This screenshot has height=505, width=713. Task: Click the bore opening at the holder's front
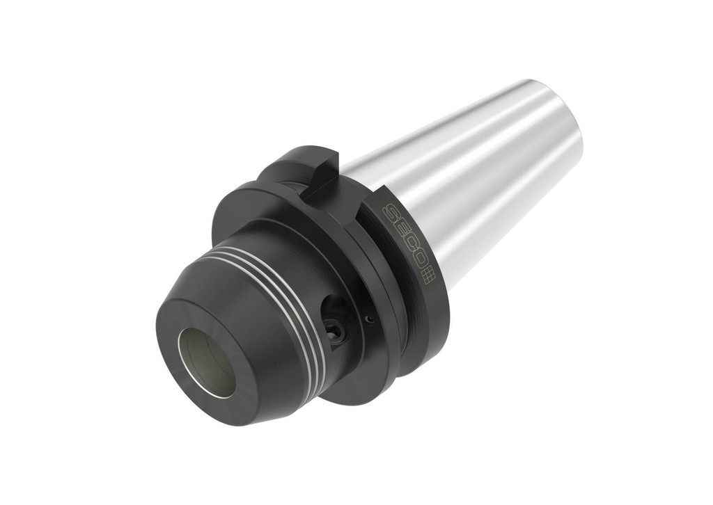point(206,362)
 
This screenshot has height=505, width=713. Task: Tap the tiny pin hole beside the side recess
point(370,319)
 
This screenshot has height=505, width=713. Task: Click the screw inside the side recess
point(336,332)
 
